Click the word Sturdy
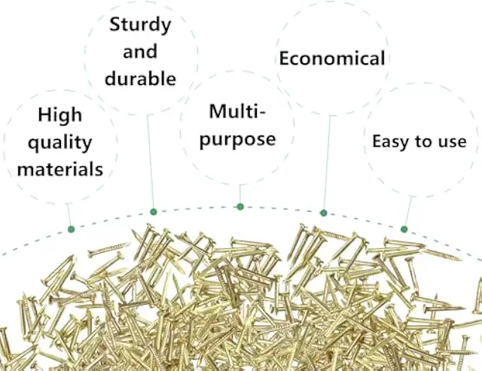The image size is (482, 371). [140, 25]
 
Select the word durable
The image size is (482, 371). [140, 78]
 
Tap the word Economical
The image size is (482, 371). [332, 59]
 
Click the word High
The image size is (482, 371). [59, 115]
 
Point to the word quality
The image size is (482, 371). [59, 142]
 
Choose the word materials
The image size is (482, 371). [60, 169]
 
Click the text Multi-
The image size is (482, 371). [238, 112]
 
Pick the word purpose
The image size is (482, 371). [239, 139]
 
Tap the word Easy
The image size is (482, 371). [390, 141]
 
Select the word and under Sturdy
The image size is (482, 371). [140, 52]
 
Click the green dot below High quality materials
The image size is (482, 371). [71, 229]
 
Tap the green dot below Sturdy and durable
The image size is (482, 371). [153, 211]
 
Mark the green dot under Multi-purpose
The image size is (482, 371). [240, 206]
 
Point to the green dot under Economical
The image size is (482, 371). [324, 213]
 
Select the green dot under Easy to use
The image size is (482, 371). [404, 229]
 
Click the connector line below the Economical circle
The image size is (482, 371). [327, 166]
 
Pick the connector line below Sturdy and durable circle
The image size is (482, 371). [150, 162]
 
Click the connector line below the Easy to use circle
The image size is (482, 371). [409, 211]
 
